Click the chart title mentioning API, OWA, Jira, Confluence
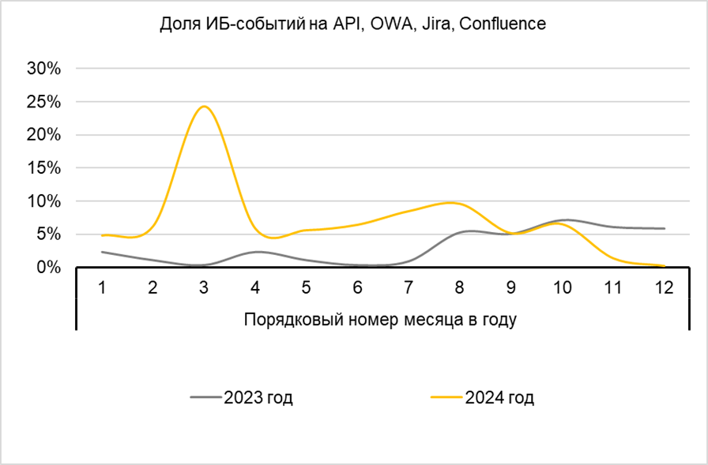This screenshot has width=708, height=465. point(353,24)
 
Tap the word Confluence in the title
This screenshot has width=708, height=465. point(503,24)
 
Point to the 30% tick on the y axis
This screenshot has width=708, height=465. point(44,69)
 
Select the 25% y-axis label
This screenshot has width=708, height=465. point(44,102)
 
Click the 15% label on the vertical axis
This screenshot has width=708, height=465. point(44,168)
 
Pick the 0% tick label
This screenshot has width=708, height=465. point(49,268)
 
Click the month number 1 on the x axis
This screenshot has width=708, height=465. point(102,287)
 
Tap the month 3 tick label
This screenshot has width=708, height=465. point(204,287)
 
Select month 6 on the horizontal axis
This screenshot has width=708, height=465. point(357,287)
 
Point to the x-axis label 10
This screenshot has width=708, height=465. point(561,287)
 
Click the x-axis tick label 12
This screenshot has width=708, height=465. point(664,287)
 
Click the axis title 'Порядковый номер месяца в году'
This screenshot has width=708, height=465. point(381,320)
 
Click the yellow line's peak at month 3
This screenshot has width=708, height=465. point(204,107)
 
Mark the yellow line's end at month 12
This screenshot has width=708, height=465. point(664,265)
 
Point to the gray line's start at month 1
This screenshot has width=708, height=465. point(102,252)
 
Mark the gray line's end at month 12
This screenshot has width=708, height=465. point(664,228)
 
